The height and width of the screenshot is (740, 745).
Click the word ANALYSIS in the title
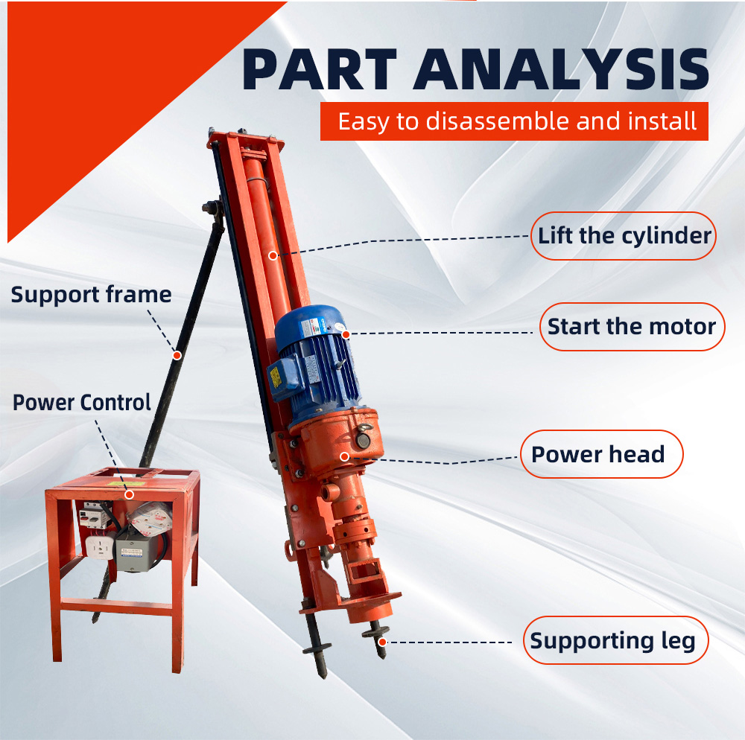tap(561, 69)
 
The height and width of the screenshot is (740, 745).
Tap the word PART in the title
tap(320, 69)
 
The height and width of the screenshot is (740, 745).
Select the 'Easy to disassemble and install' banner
tap(514, 121)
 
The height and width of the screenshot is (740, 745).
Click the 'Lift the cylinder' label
tap(624, 236)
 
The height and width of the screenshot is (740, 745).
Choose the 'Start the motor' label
tap(632, 327)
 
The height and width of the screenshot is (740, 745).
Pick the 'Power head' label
tap(601, 454)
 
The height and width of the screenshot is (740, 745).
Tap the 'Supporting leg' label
tap(616, 640)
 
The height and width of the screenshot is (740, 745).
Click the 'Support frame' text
tap(91, 295)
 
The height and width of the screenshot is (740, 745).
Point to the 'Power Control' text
tap(82, 403)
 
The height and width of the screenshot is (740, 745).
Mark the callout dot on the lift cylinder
tap(273, 256)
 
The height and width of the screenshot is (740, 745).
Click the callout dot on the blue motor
tap(346, 334)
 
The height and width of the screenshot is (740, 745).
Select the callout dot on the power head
tap(345, 456)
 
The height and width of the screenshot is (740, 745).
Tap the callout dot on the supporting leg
tap(382, 642)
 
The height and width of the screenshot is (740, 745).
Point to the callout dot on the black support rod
tap(177, 355)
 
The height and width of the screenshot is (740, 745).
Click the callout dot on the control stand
tap(129, 494)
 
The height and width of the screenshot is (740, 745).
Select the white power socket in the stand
tap(100, 547)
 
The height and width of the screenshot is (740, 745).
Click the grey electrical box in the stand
tap(136, 553)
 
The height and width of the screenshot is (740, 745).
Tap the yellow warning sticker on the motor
tap(275, 376)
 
